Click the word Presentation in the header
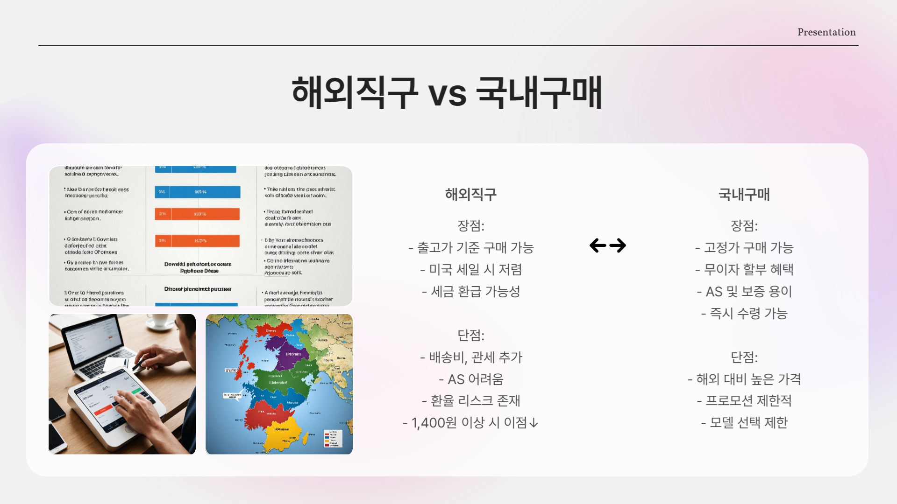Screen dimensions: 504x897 tap(826, 32)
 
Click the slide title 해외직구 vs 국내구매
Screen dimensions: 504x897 tap(447, 92)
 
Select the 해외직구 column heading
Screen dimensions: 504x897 tap(470, 194)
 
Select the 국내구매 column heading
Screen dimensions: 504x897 tap(744, 194)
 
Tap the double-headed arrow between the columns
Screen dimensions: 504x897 tap(607, 245)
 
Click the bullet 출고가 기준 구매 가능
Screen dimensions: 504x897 tap(471, 248)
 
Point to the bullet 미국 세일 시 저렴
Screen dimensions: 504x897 tap(471, 270)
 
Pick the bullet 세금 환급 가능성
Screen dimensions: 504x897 tap(471, 292)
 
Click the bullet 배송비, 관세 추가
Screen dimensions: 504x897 tap(471, 357)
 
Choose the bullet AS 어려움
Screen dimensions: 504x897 tap(471, 379)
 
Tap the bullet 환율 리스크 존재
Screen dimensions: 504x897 tap(471, 401)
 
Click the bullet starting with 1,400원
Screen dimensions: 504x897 tap(471, 423)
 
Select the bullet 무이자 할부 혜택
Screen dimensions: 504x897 tap(744, 270)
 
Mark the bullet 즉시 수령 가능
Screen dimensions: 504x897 tap(744, 314)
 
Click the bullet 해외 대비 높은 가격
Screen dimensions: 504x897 tap(744, 379)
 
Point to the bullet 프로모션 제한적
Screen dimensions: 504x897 tap(744, 401)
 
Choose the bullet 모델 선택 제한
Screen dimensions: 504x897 tap(744, 423)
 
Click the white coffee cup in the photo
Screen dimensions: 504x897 tap(160, 320)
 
